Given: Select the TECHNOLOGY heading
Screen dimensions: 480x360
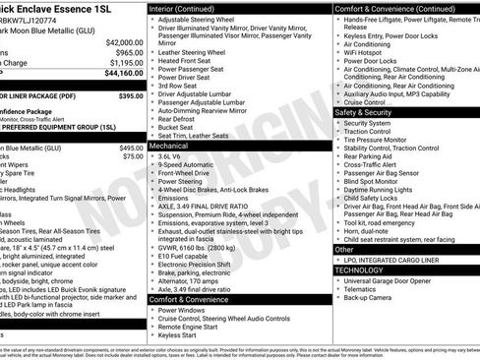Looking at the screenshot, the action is [x=360, y=270].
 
